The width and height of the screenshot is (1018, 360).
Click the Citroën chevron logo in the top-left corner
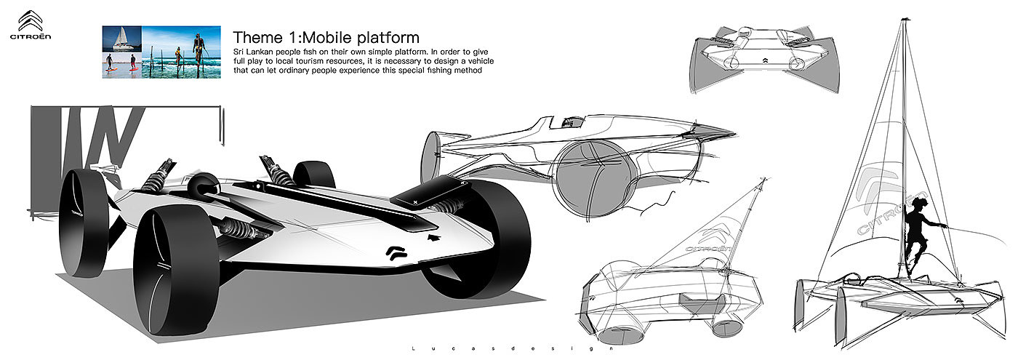click(x=31, y=20)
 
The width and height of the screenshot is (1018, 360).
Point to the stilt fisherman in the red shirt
click(x=177, y=57)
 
